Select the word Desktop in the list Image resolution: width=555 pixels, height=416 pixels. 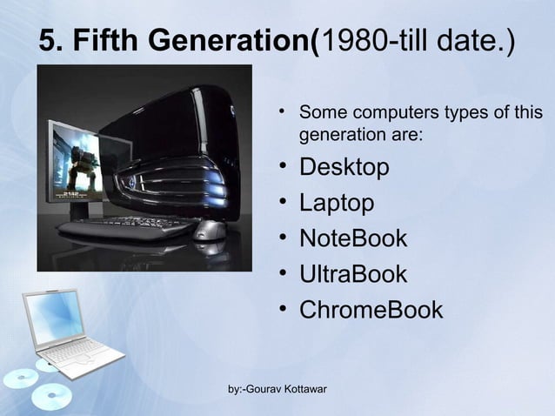[344, 167]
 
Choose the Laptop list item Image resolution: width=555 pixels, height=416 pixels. [337, 203]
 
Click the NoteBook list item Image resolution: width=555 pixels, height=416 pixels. [352, 238]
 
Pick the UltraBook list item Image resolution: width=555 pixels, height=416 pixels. [352, 274]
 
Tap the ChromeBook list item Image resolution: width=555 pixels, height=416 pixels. [371, 310]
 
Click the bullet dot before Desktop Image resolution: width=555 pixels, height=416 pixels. [284, 166]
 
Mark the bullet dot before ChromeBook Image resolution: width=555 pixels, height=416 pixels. [284, 309]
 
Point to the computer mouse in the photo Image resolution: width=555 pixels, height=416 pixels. [209, 230]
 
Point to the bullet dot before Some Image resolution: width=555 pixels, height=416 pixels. [284, 113]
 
